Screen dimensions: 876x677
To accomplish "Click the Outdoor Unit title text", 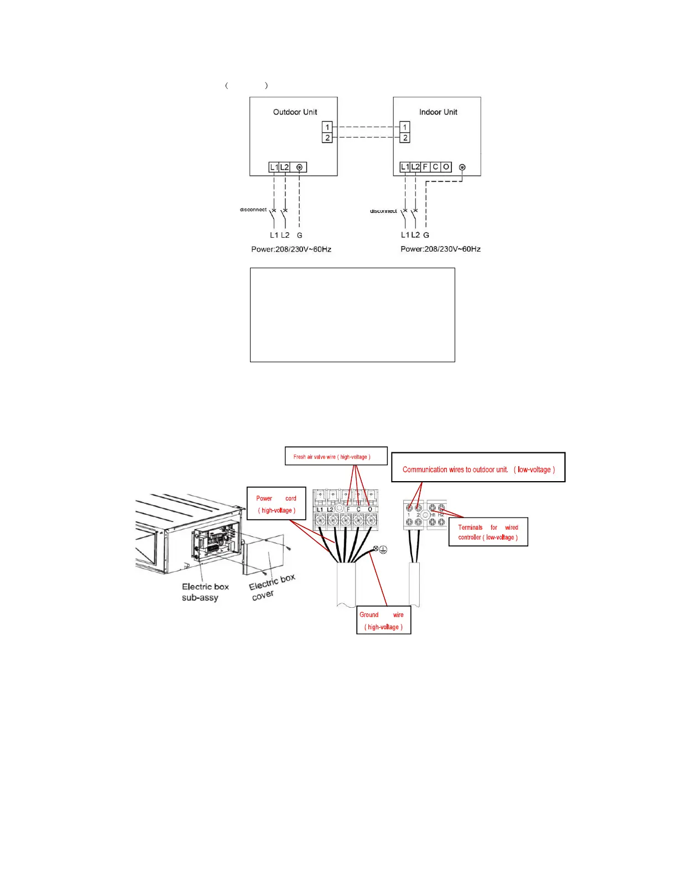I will coord(295,112).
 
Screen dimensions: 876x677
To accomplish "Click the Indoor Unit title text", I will coord(438,112).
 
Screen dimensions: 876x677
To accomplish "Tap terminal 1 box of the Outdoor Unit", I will coord(327,127).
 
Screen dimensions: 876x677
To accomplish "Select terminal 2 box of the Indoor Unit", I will coord(405,138).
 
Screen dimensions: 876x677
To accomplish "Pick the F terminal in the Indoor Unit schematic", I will coord(425,167).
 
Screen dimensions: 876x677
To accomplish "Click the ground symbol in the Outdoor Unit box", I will coord(299,167).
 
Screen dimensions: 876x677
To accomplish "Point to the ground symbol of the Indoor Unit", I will coord(462,167).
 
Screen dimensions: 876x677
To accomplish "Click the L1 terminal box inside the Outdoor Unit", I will coord(274,167).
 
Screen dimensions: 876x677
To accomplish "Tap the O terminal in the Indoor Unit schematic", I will coord(446,167).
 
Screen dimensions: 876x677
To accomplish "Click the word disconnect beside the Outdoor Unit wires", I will coord(253,210).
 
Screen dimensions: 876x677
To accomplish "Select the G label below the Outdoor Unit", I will coord(299,235).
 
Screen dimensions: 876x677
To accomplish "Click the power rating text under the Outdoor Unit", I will coord(291,249).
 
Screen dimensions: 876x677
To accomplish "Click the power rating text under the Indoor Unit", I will coord(440,249).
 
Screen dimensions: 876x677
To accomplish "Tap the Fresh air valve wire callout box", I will coord(336,456).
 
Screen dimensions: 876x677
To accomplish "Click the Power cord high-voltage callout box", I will coord(276,504).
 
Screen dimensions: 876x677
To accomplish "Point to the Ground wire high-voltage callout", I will coord(383,620).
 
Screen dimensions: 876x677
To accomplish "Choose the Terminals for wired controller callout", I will coord(488,532).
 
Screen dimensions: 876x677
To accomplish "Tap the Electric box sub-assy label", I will coord(205,592).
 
